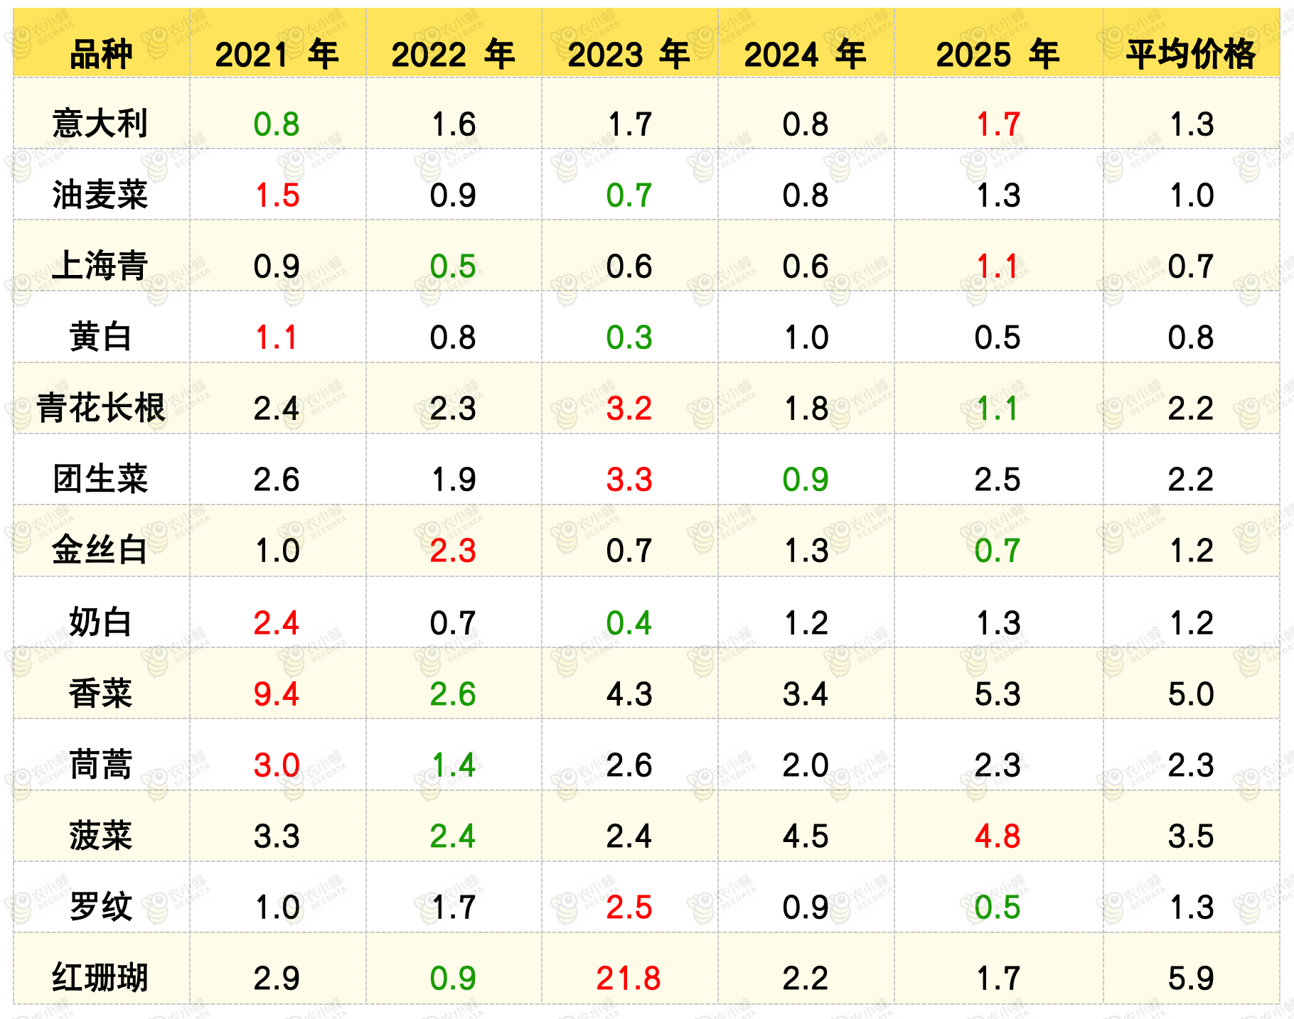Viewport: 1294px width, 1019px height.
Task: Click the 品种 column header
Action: [101, 54]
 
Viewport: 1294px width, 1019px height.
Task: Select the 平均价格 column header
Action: [1191, 54]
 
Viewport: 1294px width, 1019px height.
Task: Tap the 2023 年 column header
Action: [629, 54]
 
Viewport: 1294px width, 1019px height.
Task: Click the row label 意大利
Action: [100, 124]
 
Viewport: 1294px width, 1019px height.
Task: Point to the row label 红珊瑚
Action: [100, 977]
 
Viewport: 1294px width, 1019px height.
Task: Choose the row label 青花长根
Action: [101, 408]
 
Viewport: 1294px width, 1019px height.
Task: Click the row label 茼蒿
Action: [101, 765]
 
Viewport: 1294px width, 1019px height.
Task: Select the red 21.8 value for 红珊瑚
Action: [629, 978]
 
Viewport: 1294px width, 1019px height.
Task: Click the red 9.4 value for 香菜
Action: [277, 694]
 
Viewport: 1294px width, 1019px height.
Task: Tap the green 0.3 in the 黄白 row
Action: [629, 337]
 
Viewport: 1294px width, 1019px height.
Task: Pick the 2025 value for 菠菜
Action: [998, 836]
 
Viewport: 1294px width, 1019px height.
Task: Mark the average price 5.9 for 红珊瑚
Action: [1191, 978]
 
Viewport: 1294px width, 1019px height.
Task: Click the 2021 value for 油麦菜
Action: [277, 195]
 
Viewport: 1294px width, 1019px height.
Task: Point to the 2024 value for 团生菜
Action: [806, 479]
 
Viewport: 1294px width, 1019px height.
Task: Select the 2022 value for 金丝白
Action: [453, 550]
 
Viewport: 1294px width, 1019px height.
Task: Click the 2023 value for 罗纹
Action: [629, 907]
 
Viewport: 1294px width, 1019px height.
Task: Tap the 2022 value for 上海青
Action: [453, 266]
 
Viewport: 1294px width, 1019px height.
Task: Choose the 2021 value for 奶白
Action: [277, 622]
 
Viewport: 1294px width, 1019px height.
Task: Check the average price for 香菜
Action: [1191, 694]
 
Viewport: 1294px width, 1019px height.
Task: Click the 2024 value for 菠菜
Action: [806, 836]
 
